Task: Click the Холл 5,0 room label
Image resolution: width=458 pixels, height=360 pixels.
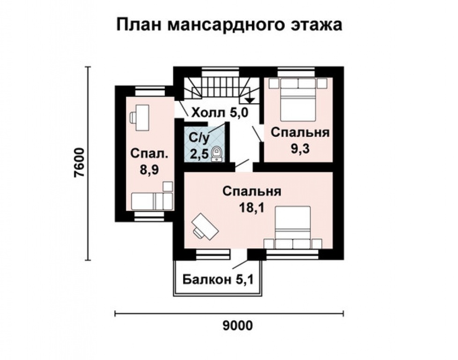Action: pyautogui.click(x=218, y=113)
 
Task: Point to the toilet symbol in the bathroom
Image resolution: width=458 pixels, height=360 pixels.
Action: pyautogui.click(x=217, y=154)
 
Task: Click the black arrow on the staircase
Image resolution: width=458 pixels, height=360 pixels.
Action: pyautogui.click(x=250, y=99)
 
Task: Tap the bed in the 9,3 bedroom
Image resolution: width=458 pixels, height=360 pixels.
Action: pyautogui.click(x=297, y=99)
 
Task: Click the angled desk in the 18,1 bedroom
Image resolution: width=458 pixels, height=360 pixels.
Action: pyautogui.click(x=204, y=225)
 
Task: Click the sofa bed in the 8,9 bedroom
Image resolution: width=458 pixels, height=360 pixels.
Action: pyautogui.click(x=151, y=200)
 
